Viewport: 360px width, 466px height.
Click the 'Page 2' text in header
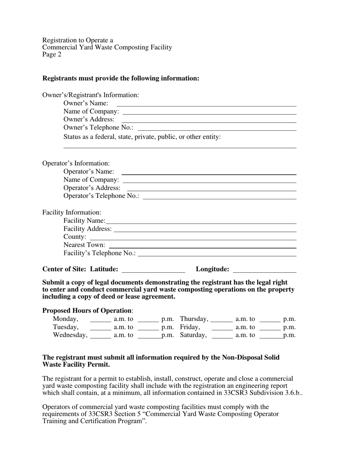pos(52,54)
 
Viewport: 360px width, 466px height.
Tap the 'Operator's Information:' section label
pos(76,163)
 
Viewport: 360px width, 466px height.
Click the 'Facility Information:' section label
pos(72,213)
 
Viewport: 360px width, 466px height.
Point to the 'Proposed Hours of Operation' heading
pos(87,311)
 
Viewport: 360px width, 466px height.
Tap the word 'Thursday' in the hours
pos(194,319)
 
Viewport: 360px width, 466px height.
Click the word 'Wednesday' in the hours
pos(70,335)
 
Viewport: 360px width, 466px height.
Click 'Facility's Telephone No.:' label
pos(100,253)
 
